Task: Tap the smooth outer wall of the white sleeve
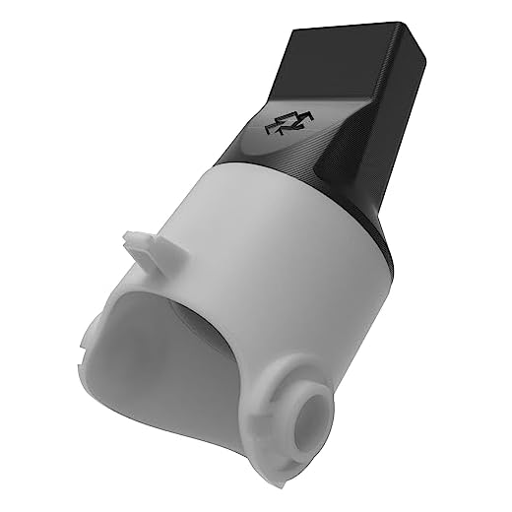click(x=286, y=266)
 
